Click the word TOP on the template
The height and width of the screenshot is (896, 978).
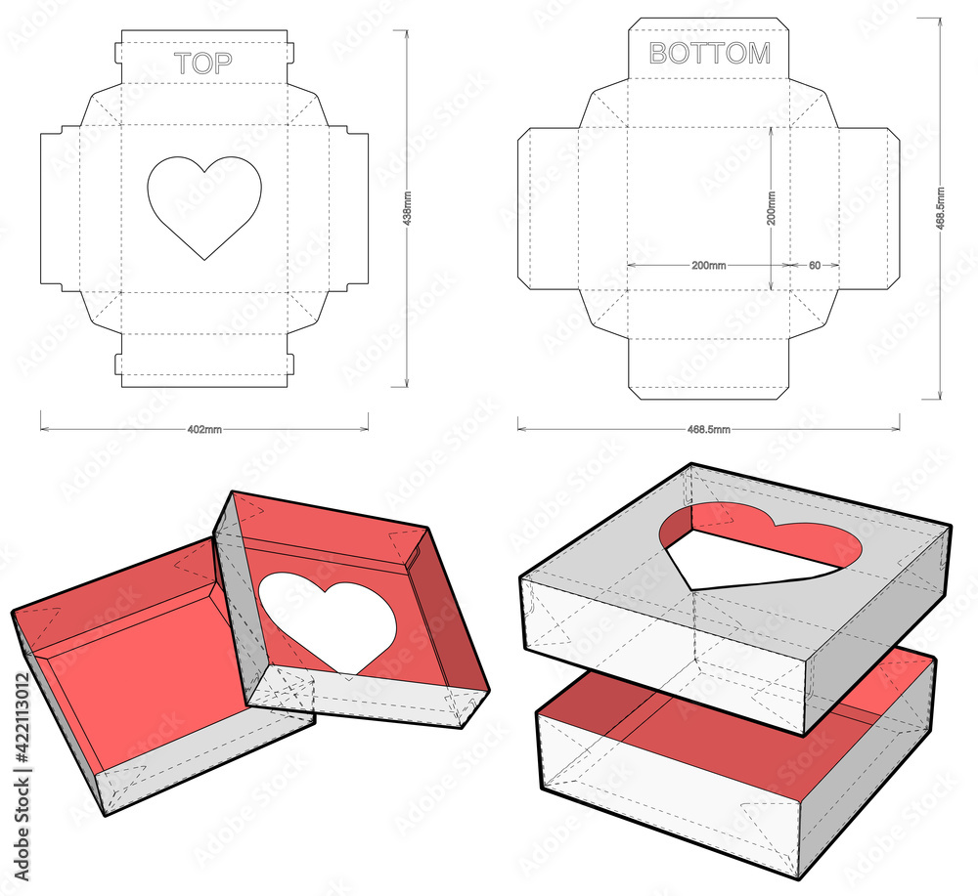point(203,63)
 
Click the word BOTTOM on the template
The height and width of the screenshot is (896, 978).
point(710,54)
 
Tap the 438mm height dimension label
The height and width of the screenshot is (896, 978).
point(407,208)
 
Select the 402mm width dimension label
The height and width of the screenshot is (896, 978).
point(204,429)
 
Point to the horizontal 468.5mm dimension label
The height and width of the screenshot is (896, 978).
point(708,429)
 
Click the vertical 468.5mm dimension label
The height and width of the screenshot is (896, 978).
point(941,208)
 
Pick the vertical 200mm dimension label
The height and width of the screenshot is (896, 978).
point(772,208)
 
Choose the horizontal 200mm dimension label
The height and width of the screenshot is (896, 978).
point(708,266)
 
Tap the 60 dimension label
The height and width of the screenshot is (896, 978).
point(815,266)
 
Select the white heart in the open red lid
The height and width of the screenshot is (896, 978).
point(328,620)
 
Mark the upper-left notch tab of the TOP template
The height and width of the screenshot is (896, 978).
point(118,53)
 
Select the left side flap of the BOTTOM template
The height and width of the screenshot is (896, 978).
point(548,209)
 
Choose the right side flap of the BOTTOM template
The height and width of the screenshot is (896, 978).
point(868,209)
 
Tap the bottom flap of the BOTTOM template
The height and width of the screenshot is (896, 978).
point(708,369)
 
